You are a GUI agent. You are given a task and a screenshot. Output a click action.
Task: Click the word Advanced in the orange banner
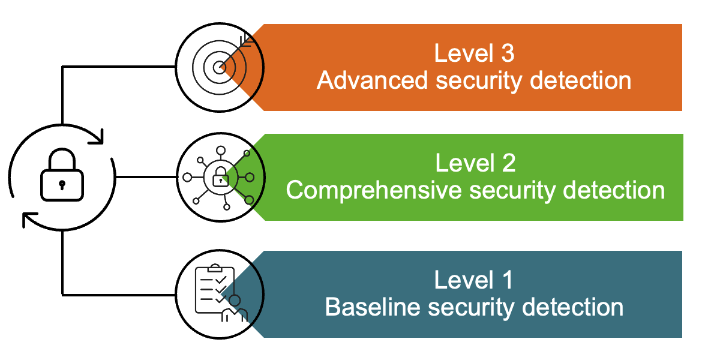[372, 80]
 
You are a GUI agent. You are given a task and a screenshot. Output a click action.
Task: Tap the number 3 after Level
[508, 53]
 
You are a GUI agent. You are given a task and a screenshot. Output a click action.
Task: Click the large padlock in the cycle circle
[62, 175]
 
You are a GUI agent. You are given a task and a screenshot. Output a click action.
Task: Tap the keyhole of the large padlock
[62, 184]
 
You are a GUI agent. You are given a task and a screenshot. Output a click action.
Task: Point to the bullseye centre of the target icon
[219, 68]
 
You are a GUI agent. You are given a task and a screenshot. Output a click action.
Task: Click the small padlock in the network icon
[220, 178]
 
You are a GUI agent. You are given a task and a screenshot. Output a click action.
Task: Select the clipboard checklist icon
[214, 289]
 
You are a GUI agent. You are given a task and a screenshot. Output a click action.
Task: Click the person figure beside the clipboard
[235, 308]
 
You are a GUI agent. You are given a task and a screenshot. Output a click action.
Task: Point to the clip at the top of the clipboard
[214, 268]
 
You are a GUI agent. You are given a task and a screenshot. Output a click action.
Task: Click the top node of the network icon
[220, 151]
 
